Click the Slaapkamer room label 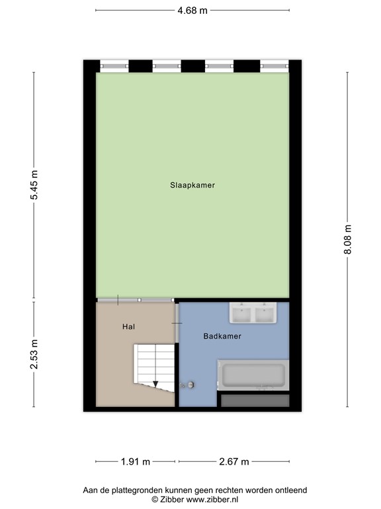[x=192, y=186]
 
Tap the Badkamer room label [x=222, y=336]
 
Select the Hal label [x=128, y=327]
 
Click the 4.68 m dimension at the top [x=192, y=10]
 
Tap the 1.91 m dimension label [x=136, y=462]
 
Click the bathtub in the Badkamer [x=253, y=375]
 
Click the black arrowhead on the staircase [x=155, y=383]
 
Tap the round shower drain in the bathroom [x=191, y=384]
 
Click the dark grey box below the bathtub [x=255, y=400]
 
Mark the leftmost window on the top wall [x=114, y=66]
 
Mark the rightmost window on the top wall [x=273, y=66]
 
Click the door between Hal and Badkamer [x=177, y=322]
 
